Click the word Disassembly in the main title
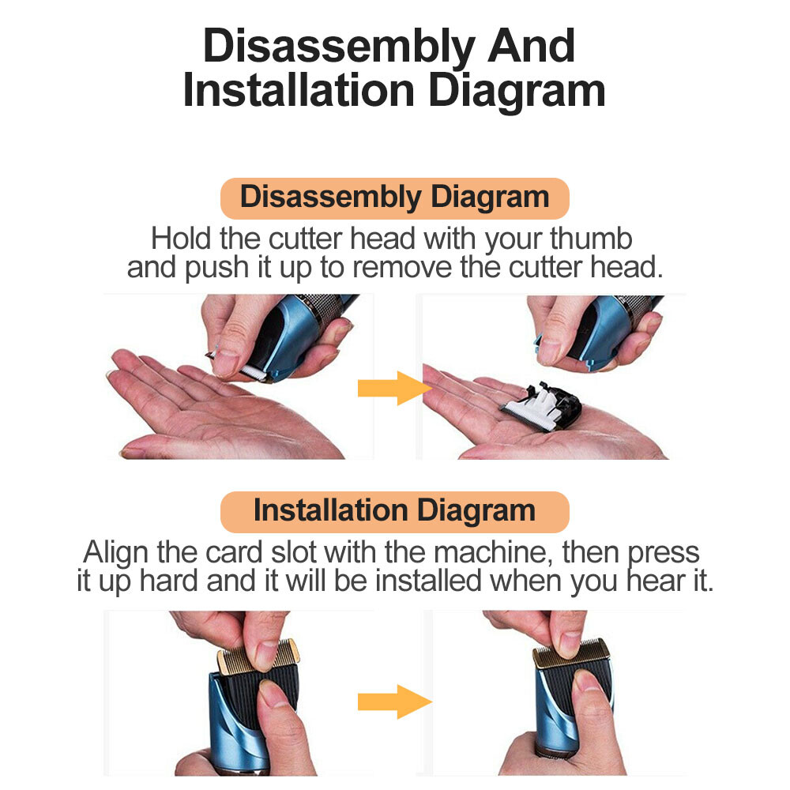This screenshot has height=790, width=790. pyautogui.click(x=339, y=47)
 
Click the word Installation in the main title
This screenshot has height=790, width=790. pyautogui.click(x=299, y=91)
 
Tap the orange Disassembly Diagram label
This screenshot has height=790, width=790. pyautogui.click(x=395, y=198)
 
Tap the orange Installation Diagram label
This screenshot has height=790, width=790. pyautogui.click(x=395, y=512)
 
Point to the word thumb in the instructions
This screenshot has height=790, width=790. pyautogui.click(x=591, y=239)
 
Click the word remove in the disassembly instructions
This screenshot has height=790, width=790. pyautogui.click(x=401, y=268)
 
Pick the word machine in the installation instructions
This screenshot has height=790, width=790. pyautogui.click(x=491, y=553)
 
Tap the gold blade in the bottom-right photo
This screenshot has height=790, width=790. pyautogui.click(x=572, y=653)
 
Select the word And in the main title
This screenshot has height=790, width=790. pyautogui.click(x=531, y=47)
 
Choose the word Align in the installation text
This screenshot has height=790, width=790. pyautogui.click(x=115, y=553)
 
